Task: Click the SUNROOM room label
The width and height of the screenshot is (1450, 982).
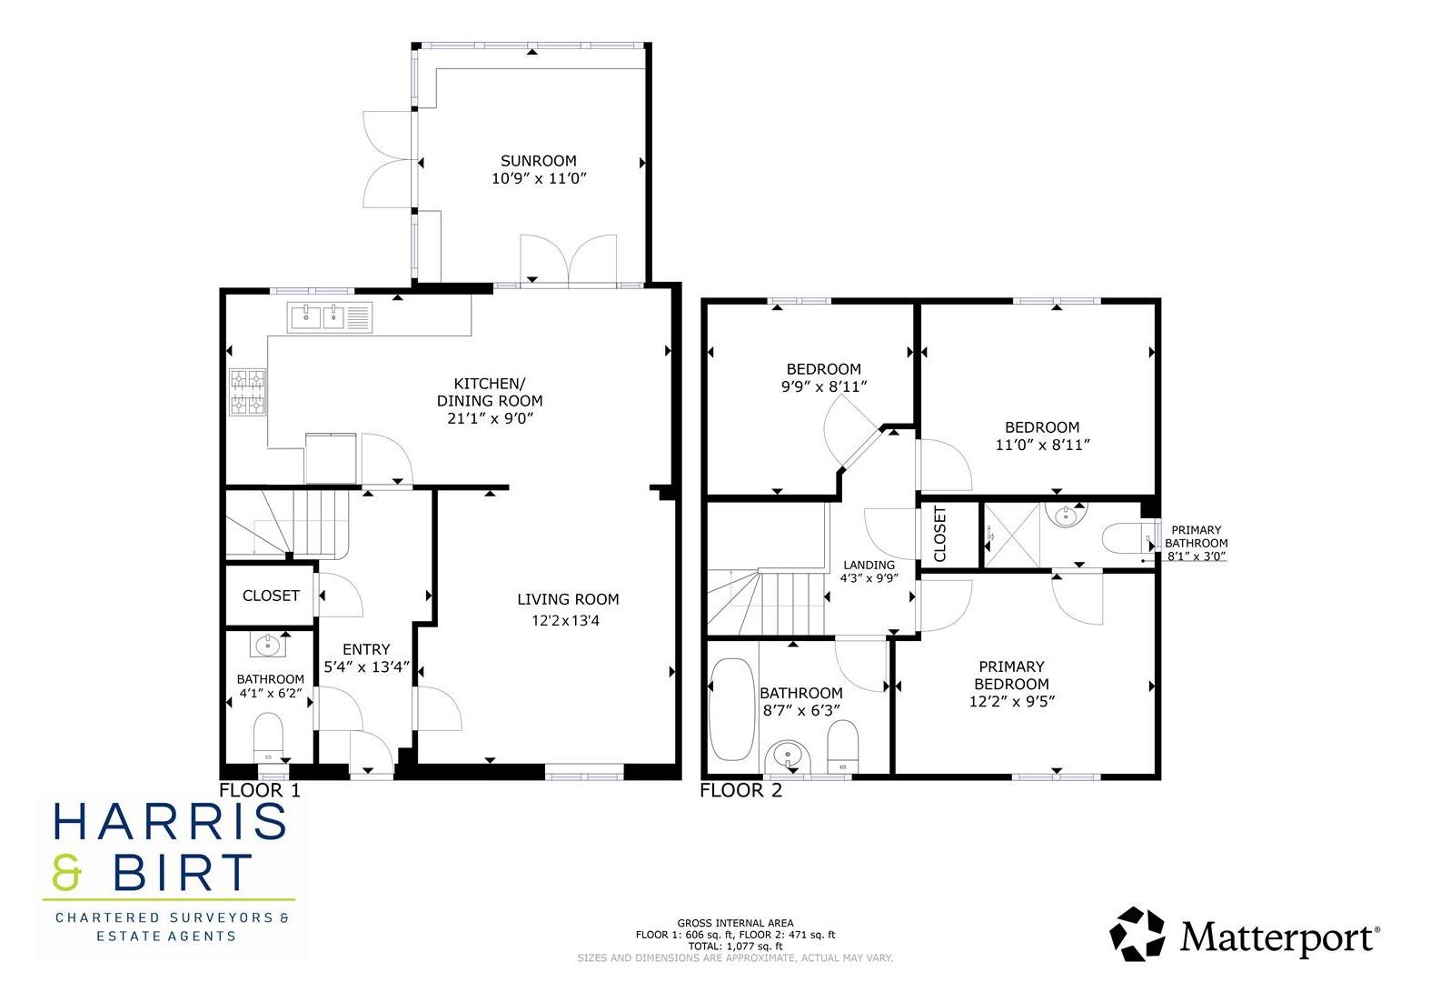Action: click(538, 161)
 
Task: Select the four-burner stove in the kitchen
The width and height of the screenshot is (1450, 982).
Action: click(248, 391)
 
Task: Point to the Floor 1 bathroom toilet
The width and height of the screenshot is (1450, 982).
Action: click(268, 734)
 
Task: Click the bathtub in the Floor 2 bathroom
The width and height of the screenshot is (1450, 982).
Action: click(729, 709)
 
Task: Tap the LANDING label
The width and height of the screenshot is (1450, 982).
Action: click(869, 565)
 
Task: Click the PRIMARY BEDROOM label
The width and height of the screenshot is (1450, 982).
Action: click(1011, 675)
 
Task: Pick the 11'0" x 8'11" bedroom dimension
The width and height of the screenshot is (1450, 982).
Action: click(1042, 445)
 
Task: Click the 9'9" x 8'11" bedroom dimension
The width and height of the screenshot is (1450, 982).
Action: click(823, 386)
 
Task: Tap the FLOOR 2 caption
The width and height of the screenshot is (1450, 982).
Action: click(740, 790)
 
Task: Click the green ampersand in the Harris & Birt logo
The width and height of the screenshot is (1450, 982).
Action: click(67, 873)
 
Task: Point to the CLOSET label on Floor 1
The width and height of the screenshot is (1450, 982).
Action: click(271, 596)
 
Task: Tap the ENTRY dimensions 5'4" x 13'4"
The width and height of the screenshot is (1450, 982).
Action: click(366, 666)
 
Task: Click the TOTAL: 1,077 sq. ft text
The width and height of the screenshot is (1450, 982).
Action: click(735, 946)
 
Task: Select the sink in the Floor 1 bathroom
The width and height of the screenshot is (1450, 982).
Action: click(268, 646)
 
